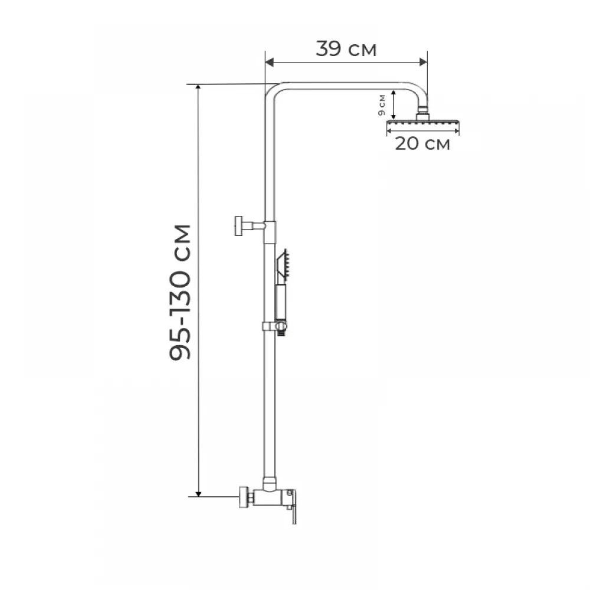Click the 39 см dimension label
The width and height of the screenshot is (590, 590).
pyautogui.click(x=346, y=49)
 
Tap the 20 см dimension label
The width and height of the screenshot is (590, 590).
pyautogui.click(x=422, y=143)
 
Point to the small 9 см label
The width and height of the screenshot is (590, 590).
pyautogui.click(x=382, y=105)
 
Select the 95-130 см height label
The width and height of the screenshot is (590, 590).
pyautogui.click(x=180, y=293)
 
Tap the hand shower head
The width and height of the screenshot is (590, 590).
pyautogui.click(x=282, y=265)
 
